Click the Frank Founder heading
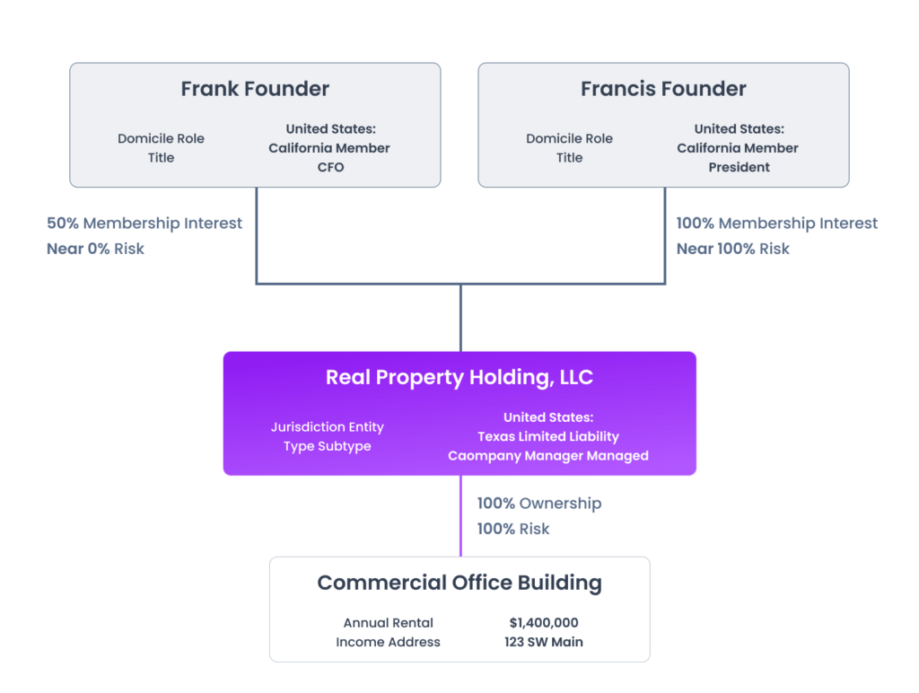coord(255,89)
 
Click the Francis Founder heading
coord(663,89)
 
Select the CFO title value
coord(329,167)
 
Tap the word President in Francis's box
coord(739,167)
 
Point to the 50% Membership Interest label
coord(144,223)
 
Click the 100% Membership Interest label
coord(777,223)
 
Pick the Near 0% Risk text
coord(95,249)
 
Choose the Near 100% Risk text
coord(733,249)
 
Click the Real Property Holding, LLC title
coord(459,377)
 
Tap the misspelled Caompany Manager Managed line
coord(548,455)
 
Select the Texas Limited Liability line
coord(548,436)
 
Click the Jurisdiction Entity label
coord(327,427)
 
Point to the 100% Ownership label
coord(539,504)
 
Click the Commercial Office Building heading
coord(459,583)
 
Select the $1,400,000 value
coord(544,623)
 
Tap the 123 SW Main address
coord(544,642)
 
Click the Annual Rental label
coord(388,623)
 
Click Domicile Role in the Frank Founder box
coord(161,138)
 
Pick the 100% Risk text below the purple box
coord(513,529)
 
